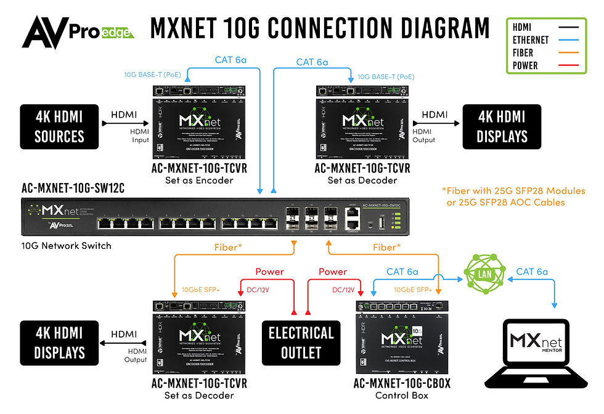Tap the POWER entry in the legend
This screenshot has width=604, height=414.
pyautogui.click(x=526, y=65)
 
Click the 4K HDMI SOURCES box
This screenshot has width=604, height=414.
pyautogui.click(x=59, y=126)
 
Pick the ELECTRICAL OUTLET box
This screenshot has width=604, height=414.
pyautogui.click(x=301, y=343)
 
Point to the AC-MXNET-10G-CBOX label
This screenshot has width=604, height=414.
pyautogui.click(x=402, y=384)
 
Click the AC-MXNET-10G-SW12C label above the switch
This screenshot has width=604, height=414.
pyautogui.click(x=73, y=189)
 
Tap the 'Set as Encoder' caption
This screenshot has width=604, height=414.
pyautogui.click(x=199, y=181)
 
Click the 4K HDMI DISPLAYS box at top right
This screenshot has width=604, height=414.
pyautogui.click(x=502, y=126)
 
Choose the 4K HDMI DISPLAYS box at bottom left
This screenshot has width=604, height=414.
pyautogui.click(x=59, y=343)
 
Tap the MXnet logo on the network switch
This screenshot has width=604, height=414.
pyautogui.click(x=55, y=213)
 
